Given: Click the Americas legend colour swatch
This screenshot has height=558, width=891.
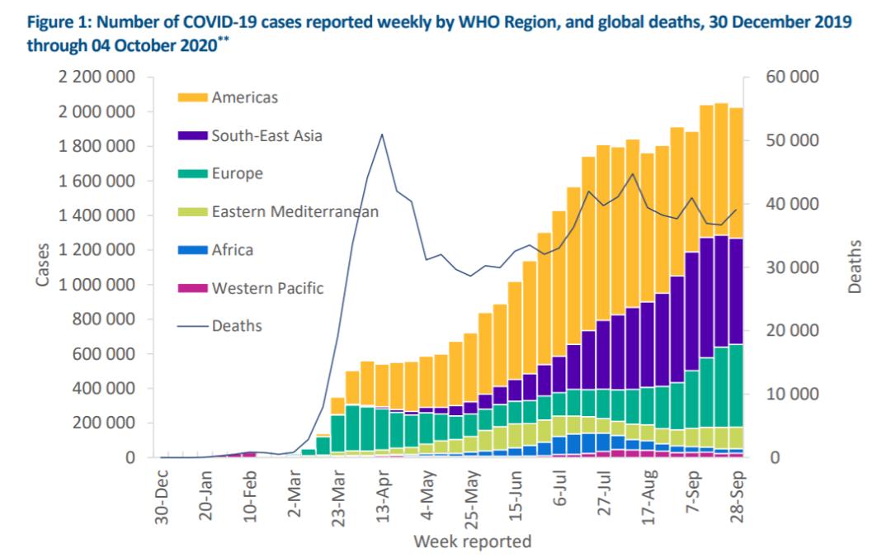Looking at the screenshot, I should coord(191,98).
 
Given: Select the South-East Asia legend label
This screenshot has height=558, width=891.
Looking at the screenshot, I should coord(266,136).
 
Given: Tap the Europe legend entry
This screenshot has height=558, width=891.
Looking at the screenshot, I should coord(237,174).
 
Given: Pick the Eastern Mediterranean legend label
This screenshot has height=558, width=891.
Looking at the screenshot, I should coord(295,212).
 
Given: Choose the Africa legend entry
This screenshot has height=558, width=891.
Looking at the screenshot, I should coord(232,250).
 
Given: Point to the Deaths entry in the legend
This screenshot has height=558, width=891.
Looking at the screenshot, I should coord(237,326).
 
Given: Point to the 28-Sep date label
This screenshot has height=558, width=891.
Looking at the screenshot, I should coord(738,493).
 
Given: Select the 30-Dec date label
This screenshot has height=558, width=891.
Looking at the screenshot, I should coord(163,493).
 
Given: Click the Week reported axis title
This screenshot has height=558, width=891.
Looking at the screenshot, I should coord(473,542).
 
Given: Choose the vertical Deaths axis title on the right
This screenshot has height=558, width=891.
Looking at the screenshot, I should coord(854,267).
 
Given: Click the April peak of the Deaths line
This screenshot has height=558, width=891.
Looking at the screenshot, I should coord(382,134).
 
